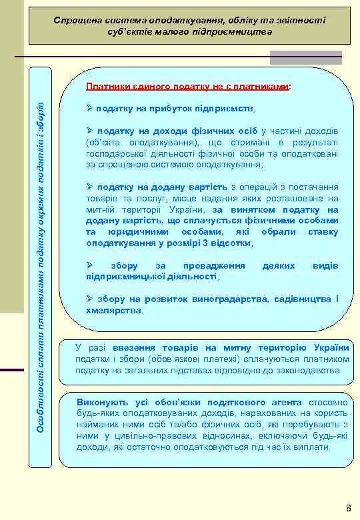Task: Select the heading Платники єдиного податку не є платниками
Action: [x=189, y=87]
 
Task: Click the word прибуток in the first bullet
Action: [x=165, y=108]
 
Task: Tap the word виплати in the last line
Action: [x=313, y=448]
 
